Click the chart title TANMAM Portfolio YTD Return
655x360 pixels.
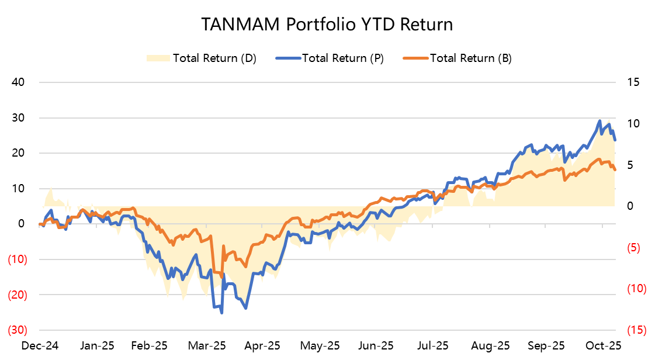click(x=327, y=25)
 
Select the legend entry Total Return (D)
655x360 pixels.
click(x=214, y=58)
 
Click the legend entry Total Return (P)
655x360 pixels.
click(x=343, y=58)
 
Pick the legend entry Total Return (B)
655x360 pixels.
click(x=471, y=58)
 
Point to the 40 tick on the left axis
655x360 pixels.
click(x=18, y=82)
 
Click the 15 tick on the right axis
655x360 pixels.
click(x=634, y=82)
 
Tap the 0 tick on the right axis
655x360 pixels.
click(x=630, y=206)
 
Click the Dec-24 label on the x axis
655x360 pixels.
click(x=39, y=345)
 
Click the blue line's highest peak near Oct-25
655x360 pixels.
click(x=599, y=121)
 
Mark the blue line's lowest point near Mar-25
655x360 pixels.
click(x=221, y=313)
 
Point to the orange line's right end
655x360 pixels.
click(x=615, y=169)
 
